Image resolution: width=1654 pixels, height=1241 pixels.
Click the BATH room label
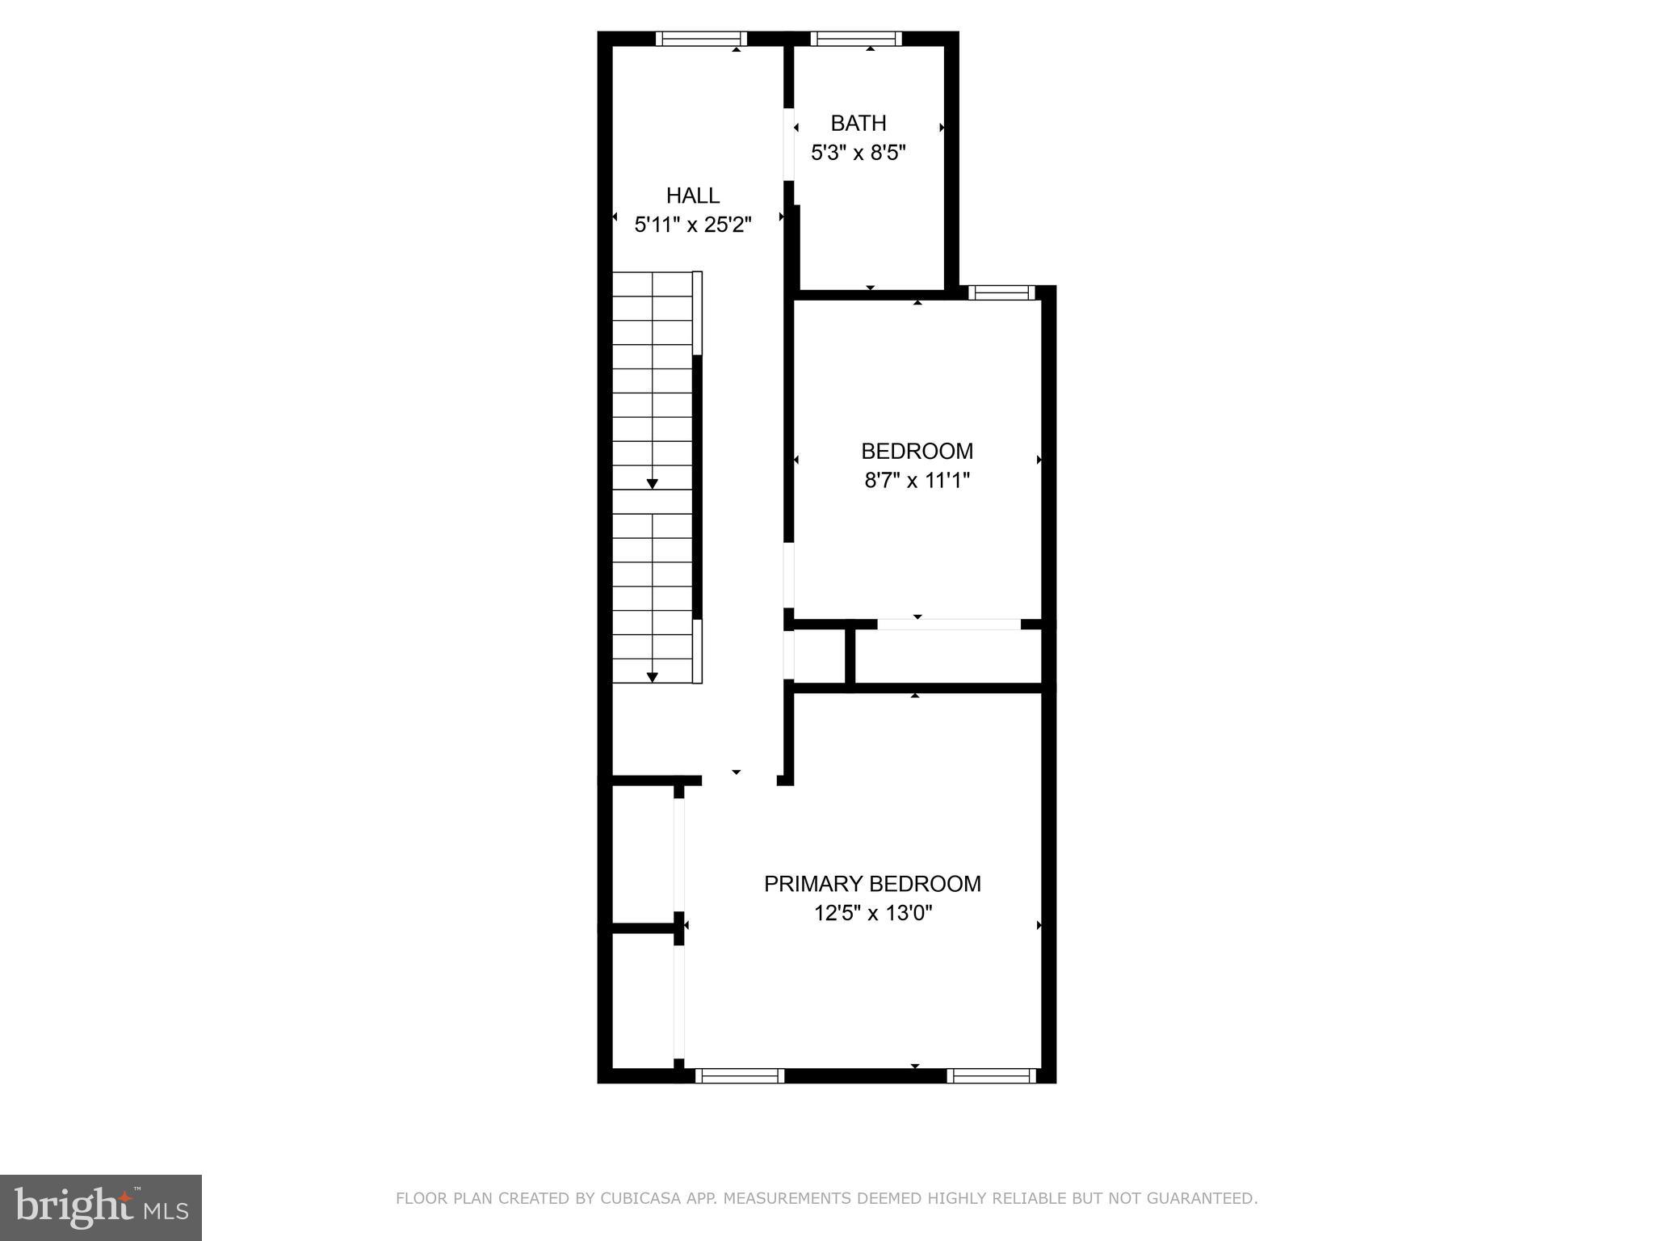[x=858, y=124]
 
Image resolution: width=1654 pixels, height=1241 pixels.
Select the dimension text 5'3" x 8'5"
[x=858, y=153]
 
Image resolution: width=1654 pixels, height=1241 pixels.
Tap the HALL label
[x=692, y=196]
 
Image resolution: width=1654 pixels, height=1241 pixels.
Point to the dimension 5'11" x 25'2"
[x=692, y=225]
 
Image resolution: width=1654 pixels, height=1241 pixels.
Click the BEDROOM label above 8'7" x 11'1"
[x=917, y=451]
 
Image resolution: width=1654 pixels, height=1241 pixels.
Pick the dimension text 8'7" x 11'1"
[x=917, y=481]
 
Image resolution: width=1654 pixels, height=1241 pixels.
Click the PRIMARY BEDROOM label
[x=872, y=884]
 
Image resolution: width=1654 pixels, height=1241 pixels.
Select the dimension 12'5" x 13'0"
[x=872, y=914]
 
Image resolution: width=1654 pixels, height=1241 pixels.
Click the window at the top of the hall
[x=700, y=38]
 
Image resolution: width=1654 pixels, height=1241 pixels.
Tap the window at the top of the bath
[x=855, y=38]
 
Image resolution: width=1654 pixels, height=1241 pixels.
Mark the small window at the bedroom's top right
[x=1001, y=292]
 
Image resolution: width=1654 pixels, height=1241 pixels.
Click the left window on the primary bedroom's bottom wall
[x=739, y=1075]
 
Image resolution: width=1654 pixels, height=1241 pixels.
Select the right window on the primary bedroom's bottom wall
[x=991, y=1075]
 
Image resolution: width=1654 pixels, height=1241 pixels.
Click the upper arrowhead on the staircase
[x=652, y=484]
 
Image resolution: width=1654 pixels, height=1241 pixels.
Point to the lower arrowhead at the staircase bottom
[x=652, y=677]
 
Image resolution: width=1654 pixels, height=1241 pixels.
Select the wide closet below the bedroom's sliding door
[x=947, y=655]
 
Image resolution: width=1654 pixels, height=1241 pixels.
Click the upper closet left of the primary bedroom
[x=642, y=853]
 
